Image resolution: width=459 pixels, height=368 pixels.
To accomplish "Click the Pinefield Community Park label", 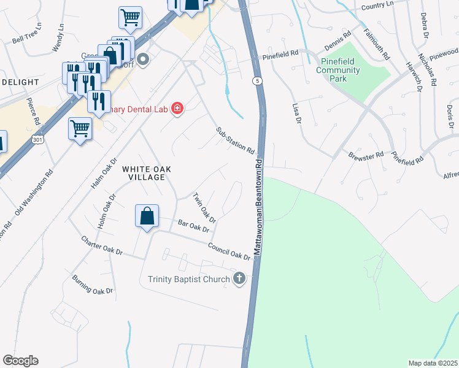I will click(x=338, y=70).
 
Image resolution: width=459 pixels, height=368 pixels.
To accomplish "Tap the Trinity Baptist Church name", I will click(x=188, y=280).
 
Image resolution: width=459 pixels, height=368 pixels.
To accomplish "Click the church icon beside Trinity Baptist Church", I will click(x=239, y=280).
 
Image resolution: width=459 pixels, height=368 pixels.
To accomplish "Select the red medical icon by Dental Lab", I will click(x=177, y=109).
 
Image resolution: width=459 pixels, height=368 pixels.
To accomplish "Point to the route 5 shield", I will click(x=257, y=80).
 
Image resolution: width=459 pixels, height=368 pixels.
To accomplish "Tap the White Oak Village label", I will click(x=143, y=173).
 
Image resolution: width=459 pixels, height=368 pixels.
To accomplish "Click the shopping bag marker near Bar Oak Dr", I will click(x=147, y=217).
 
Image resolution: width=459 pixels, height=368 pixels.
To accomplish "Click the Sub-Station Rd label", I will click(x=235, y=140).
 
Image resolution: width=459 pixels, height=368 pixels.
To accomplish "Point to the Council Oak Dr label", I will click(x=229, y=251).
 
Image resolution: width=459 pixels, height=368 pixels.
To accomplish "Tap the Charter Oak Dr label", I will click(x=102, y=245).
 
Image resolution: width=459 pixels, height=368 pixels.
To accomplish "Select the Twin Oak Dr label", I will click(x=204, y=208).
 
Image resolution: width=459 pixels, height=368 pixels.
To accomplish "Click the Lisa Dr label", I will click(x=297, y=113).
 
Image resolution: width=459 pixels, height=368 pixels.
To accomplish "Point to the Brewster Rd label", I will click(x=366, y=155).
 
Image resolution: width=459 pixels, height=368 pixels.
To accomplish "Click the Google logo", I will click(x=20, y=361).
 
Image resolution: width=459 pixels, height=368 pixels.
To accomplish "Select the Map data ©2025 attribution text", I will click(x=433, y=363).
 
